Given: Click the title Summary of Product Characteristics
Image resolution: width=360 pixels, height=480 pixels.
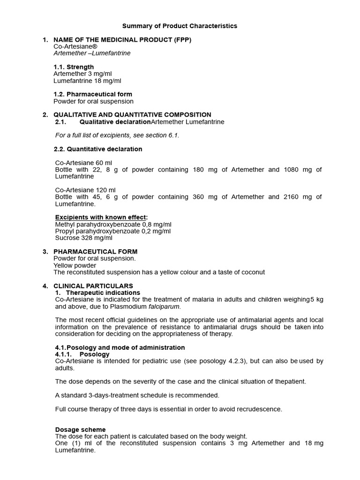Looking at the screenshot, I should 180,26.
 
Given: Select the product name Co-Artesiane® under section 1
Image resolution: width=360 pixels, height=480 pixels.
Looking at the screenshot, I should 75,46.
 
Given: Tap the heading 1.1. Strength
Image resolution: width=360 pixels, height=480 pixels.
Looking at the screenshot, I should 74,67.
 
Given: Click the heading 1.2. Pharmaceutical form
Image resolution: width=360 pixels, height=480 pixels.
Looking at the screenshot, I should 93,94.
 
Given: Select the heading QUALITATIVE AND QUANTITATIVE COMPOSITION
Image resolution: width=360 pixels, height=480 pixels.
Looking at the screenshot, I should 132,115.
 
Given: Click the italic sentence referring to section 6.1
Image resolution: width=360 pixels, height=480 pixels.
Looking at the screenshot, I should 117,135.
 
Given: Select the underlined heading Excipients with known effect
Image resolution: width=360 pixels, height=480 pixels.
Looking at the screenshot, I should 101,217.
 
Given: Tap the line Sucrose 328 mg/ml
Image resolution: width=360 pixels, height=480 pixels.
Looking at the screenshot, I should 84,238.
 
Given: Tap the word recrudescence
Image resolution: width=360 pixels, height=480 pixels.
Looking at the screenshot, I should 259,409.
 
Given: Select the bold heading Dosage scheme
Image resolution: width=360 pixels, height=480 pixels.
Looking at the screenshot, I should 80,429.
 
